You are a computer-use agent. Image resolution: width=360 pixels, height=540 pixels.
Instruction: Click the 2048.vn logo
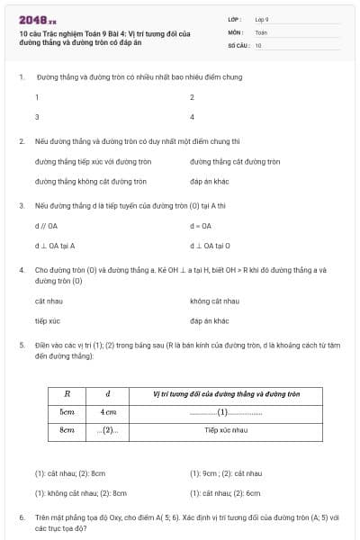[x=37, y=20]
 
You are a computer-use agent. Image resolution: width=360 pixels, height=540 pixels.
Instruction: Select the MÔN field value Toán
[x=261, y=31]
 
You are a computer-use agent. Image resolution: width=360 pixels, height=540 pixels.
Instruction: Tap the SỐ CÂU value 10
[x=258, y=45]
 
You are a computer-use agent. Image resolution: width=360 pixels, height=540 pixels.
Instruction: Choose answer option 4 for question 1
[x=192, y=117]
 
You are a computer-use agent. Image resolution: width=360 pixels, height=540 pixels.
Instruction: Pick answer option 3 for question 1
[x=37, y=117]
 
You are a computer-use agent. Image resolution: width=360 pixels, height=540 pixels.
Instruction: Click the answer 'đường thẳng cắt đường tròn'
[x=235, y=162]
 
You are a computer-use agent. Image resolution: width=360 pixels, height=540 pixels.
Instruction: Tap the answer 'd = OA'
[x=201, y=226]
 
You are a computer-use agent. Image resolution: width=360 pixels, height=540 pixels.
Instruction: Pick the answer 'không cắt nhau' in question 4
[x=214, y=301]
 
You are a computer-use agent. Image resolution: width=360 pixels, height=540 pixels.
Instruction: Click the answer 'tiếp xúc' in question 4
[x=48, y=320]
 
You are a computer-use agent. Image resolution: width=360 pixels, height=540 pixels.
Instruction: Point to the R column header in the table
[x=67, y=394]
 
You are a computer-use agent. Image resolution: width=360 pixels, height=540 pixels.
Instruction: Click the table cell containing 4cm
[x=108, y=412]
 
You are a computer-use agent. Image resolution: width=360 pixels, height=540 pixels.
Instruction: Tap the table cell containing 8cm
[x=67, y=430]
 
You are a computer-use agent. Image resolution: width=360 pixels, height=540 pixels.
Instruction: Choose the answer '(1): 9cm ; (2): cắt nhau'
[x=226, y=472]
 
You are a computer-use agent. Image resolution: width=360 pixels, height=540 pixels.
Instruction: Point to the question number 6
[x=22, y=517]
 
